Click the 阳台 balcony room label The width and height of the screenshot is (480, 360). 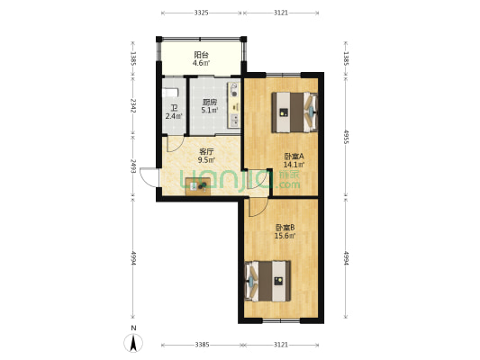click(201, 55)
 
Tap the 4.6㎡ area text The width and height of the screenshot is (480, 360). click(201, 63)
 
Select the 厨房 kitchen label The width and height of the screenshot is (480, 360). click(210, 103)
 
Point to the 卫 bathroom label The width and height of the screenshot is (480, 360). click(174, 109)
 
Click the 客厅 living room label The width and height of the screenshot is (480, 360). click(206, 152)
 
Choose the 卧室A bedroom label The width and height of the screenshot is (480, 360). click(294, 157)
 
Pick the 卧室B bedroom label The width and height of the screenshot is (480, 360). click(285, 228)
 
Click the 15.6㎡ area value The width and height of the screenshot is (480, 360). click(285, 236)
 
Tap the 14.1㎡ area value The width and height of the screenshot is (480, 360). click(294, 165)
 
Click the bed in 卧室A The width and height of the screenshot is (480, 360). click(294, 112)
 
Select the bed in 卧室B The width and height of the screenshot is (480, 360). click(267, 281)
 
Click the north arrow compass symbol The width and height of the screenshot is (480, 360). click(133, 343)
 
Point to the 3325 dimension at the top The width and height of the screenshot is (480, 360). click(202, 13)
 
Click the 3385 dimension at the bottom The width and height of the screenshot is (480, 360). click(202, 345)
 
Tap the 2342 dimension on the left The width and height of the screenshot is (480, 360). click(133, 105)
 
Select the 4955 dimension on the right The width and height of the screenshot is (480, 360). click(346, 137)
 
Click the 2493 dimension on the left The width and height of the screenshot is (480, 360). click(133, 166)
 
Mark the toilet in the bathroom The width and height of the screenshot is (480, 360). click(169, 93)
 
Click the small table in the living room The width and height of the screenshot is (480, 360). click(198, 186)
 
